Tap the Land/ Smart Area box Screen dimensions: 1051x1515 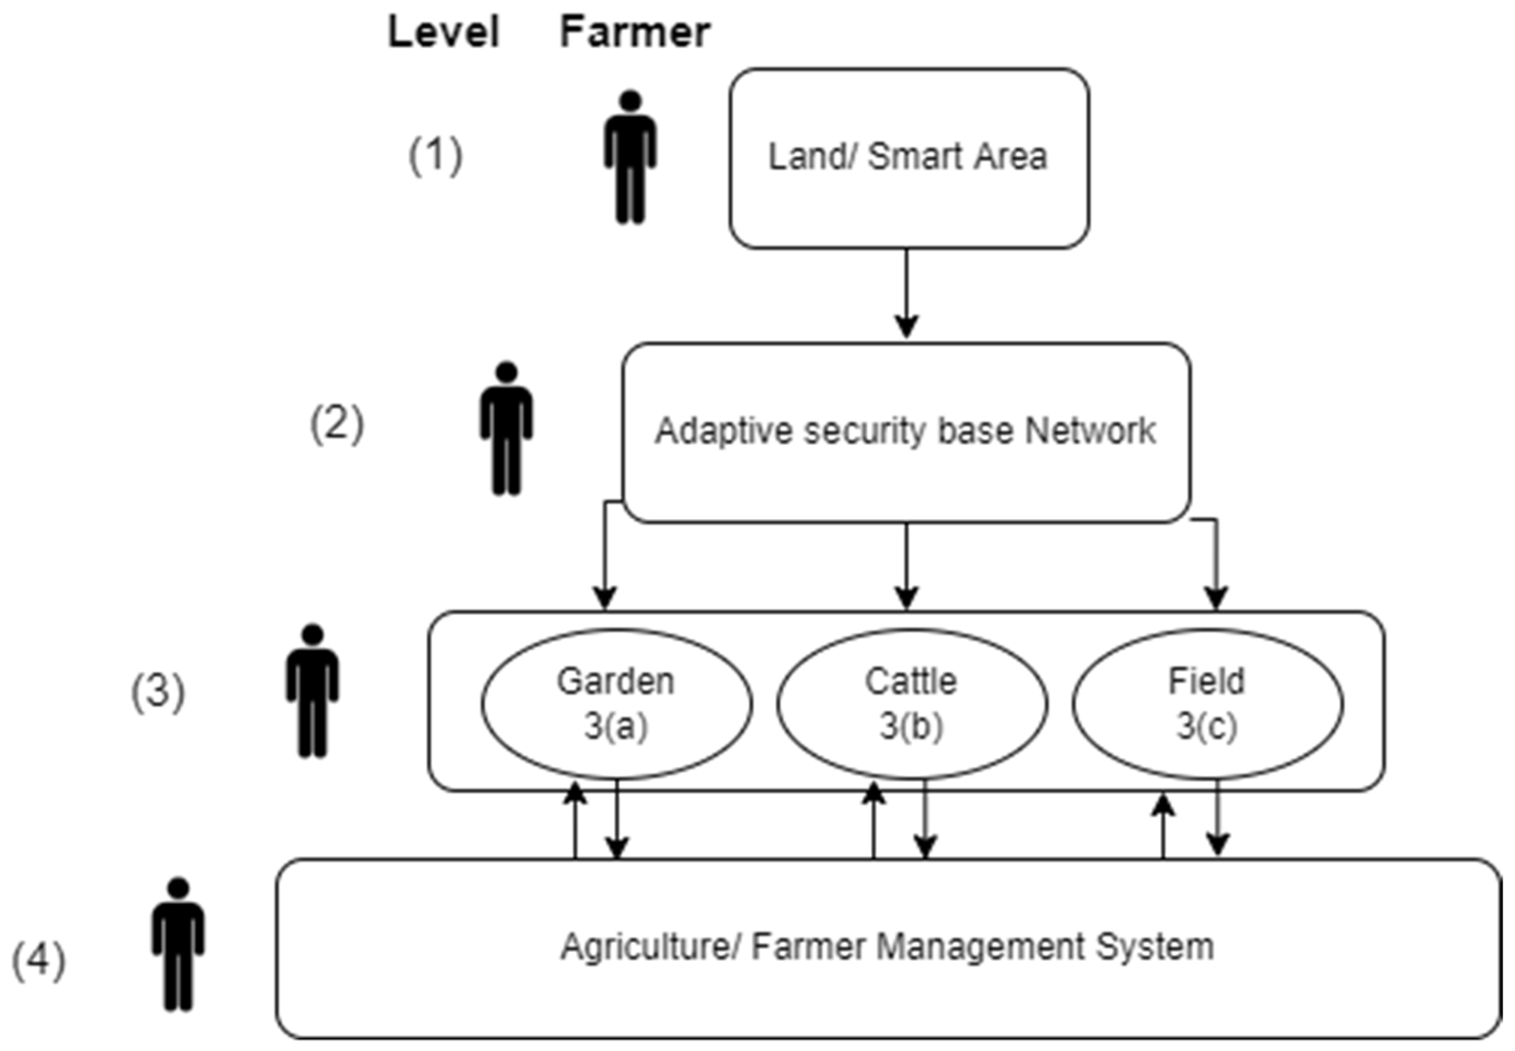coord(908,158)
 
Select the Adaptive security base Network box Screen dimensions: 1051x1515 coord(905,431)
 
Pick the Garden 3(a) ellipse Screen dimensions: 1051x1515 coord(616,703)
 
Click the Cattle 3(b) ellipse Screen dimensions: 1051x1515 coord(912,703)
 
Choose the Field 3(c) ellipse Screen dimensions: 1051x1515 coord(1206,703)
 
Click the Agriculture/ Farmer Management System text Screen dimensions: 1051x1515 coord(887,948)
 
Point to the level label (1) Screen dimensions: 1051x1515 coord(435,156)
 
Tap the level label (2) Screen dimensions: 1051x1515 coord(336,424)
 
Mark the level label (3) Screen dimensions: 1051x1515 coord(158,692)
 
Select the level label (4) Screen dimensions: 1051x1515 coord(39,961)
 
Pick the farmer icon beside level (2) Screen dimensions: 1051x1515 coord(506,428)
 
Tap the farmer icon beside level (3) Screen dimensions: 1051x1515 coord(313,691)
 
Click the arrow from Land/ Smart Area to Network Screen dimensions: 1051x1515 coord(906,292)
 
